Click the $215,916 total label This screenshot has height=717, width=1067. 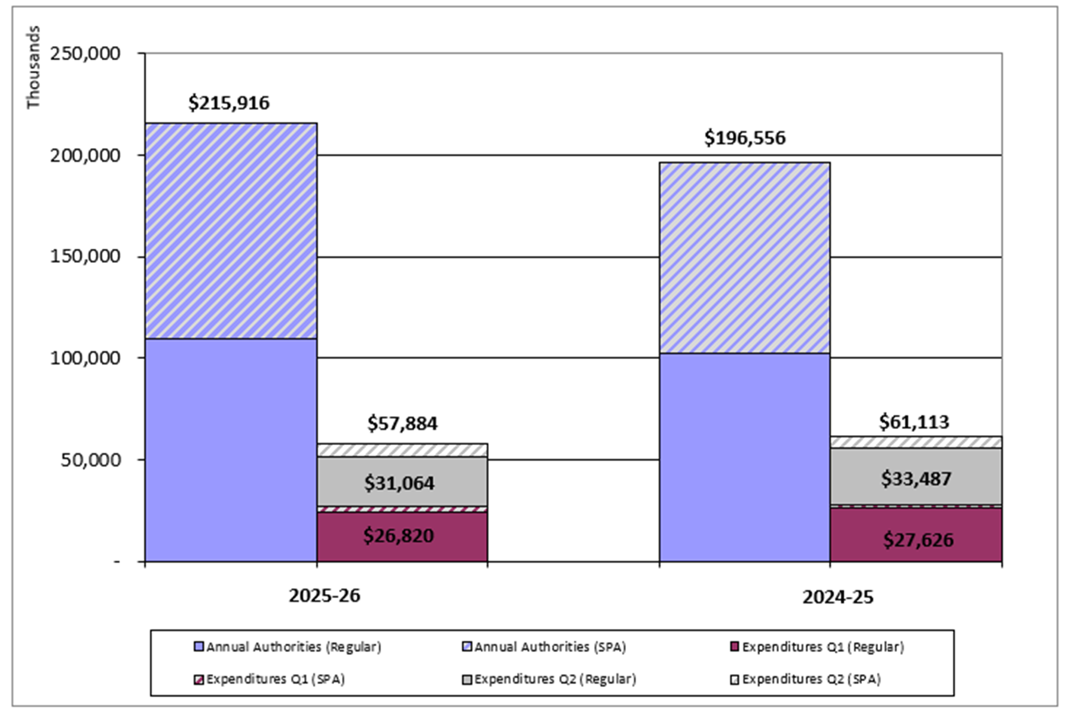coord(229,103)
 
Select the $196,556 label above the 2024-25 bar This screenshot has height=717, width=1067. coord(744,138)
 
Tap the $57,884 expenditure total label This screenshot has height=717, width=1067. coord(402,424)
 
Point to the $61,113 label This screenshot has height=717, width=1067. coord(913,422)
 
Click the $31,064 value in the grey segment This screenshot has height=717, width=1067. coord(399,483)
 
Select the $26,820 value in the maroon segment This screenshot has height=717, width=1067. coord(398,536)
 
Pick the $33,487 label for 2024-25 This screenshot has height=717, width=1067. coord(916,479)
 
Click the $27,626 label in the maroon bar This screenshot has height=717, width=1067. coord(918,540)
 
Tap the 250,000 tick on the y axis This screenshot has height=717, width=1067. coord(85,54)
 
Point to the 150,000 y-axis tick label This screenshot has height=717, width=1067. coord(85,256)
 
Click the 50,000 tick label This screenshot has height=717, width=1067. coord(90,460)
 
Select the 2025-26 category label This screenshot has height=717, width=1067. coord(325,596)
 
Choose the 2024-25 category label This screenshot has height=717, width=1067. coord(837,597)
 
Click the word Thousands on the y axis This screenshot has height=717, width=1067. coord(33,67)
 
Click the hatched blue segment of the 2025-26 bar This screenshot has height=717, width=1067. coord(231,231)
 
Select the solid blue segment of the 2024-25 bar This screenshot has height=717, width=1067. coord(744,457)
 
